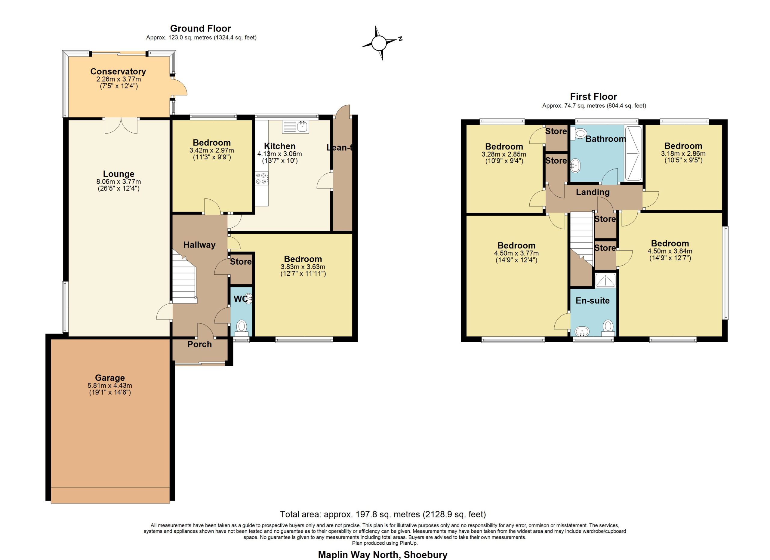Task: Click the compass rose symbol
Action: pos(380,43)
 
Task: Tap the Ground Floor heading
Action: pos(200,29)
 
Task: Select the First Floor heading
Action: pos(593,97)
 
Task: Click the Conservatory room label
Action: pos(118,72)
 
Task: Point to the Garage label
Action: pos(110,378)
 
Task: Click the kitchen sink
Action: pos(295,127)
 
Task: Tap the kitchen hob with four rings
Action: pos(262,179)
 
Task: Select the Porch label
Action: pos(200,344)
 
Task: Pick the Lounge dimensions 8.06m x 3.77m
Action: pos(119,182)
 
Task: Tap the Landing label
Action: pos(593,192)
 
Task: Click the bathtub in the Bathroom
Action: pos(633,153)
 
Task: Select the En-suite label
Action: pos(593,300)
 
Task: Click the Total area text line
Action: pos(383,515)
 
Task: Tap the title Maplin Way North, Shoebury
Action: pos(383,555)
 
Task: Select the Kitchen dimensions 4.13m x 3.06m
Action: pos(279,154)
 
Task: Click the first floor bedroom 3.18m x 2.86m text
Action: pos(683,153)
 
